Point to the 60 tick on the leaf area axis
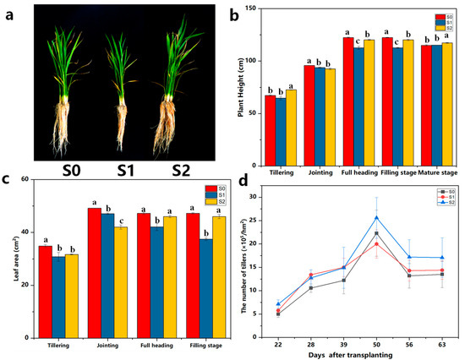[x=25, y=179]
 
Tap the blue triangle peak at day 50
[x=375, y=217]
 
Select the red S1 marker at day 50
[x=375, y=243]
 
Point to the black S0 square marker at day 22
[x=279, y=314]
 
